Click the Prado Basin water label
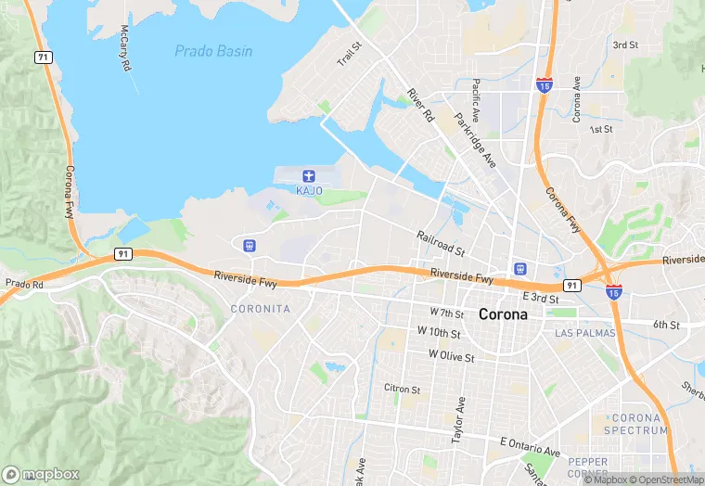click(213, 51)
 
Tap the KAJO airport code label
click(309, 191)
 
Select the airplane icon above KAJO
click(309, 175)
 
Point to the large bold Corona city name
click(504, 314)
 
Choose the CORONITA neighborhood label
click(260, 309)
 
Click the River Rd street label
click(420, 106)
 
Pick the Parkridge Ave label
click(475, 141)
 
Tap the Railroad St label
click(441, 244)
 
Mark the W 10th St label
click(439, 331)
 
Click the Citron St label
click(402, 389)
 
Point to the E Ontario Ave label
click(530, 447)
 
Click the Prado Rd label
click(24, 283)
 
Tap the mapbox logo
click(43, 473)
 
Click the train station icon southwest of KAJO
click(249, 246)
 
